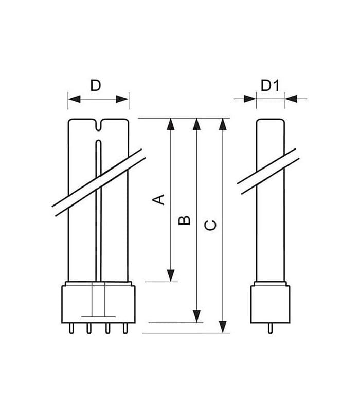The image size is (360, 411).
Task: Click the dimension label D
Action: pyautogui.click(x=96, y=85)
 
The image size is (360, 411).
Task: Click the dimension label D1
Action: pyautogui.click(x=270, y=85)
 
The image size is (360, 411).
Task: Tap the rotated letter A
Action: pyautogui.click(x=158, y=199)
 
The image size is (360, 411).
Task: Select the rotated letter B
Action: pyautogui.click(x=184, y=220)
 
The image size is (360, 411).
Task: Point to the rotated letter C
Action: pyautogui.click(x=210, y=226)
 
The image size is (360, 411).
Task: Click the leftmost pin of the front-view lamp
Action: pyautogui.click(x=71, y=328)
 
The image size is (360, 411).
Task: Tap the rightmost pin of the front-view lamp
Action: pyautogui.click(x=125, y=328)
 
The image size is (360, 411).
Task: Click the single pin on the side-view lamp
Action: pyautogui.click(x=271, y=328)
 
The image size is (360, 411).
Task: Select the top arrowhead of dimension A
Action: pyautogui.click(x=171, y=124)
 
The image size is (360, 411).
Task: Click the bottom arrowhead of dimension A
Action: pyautogui.click(x=171, y=275)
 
